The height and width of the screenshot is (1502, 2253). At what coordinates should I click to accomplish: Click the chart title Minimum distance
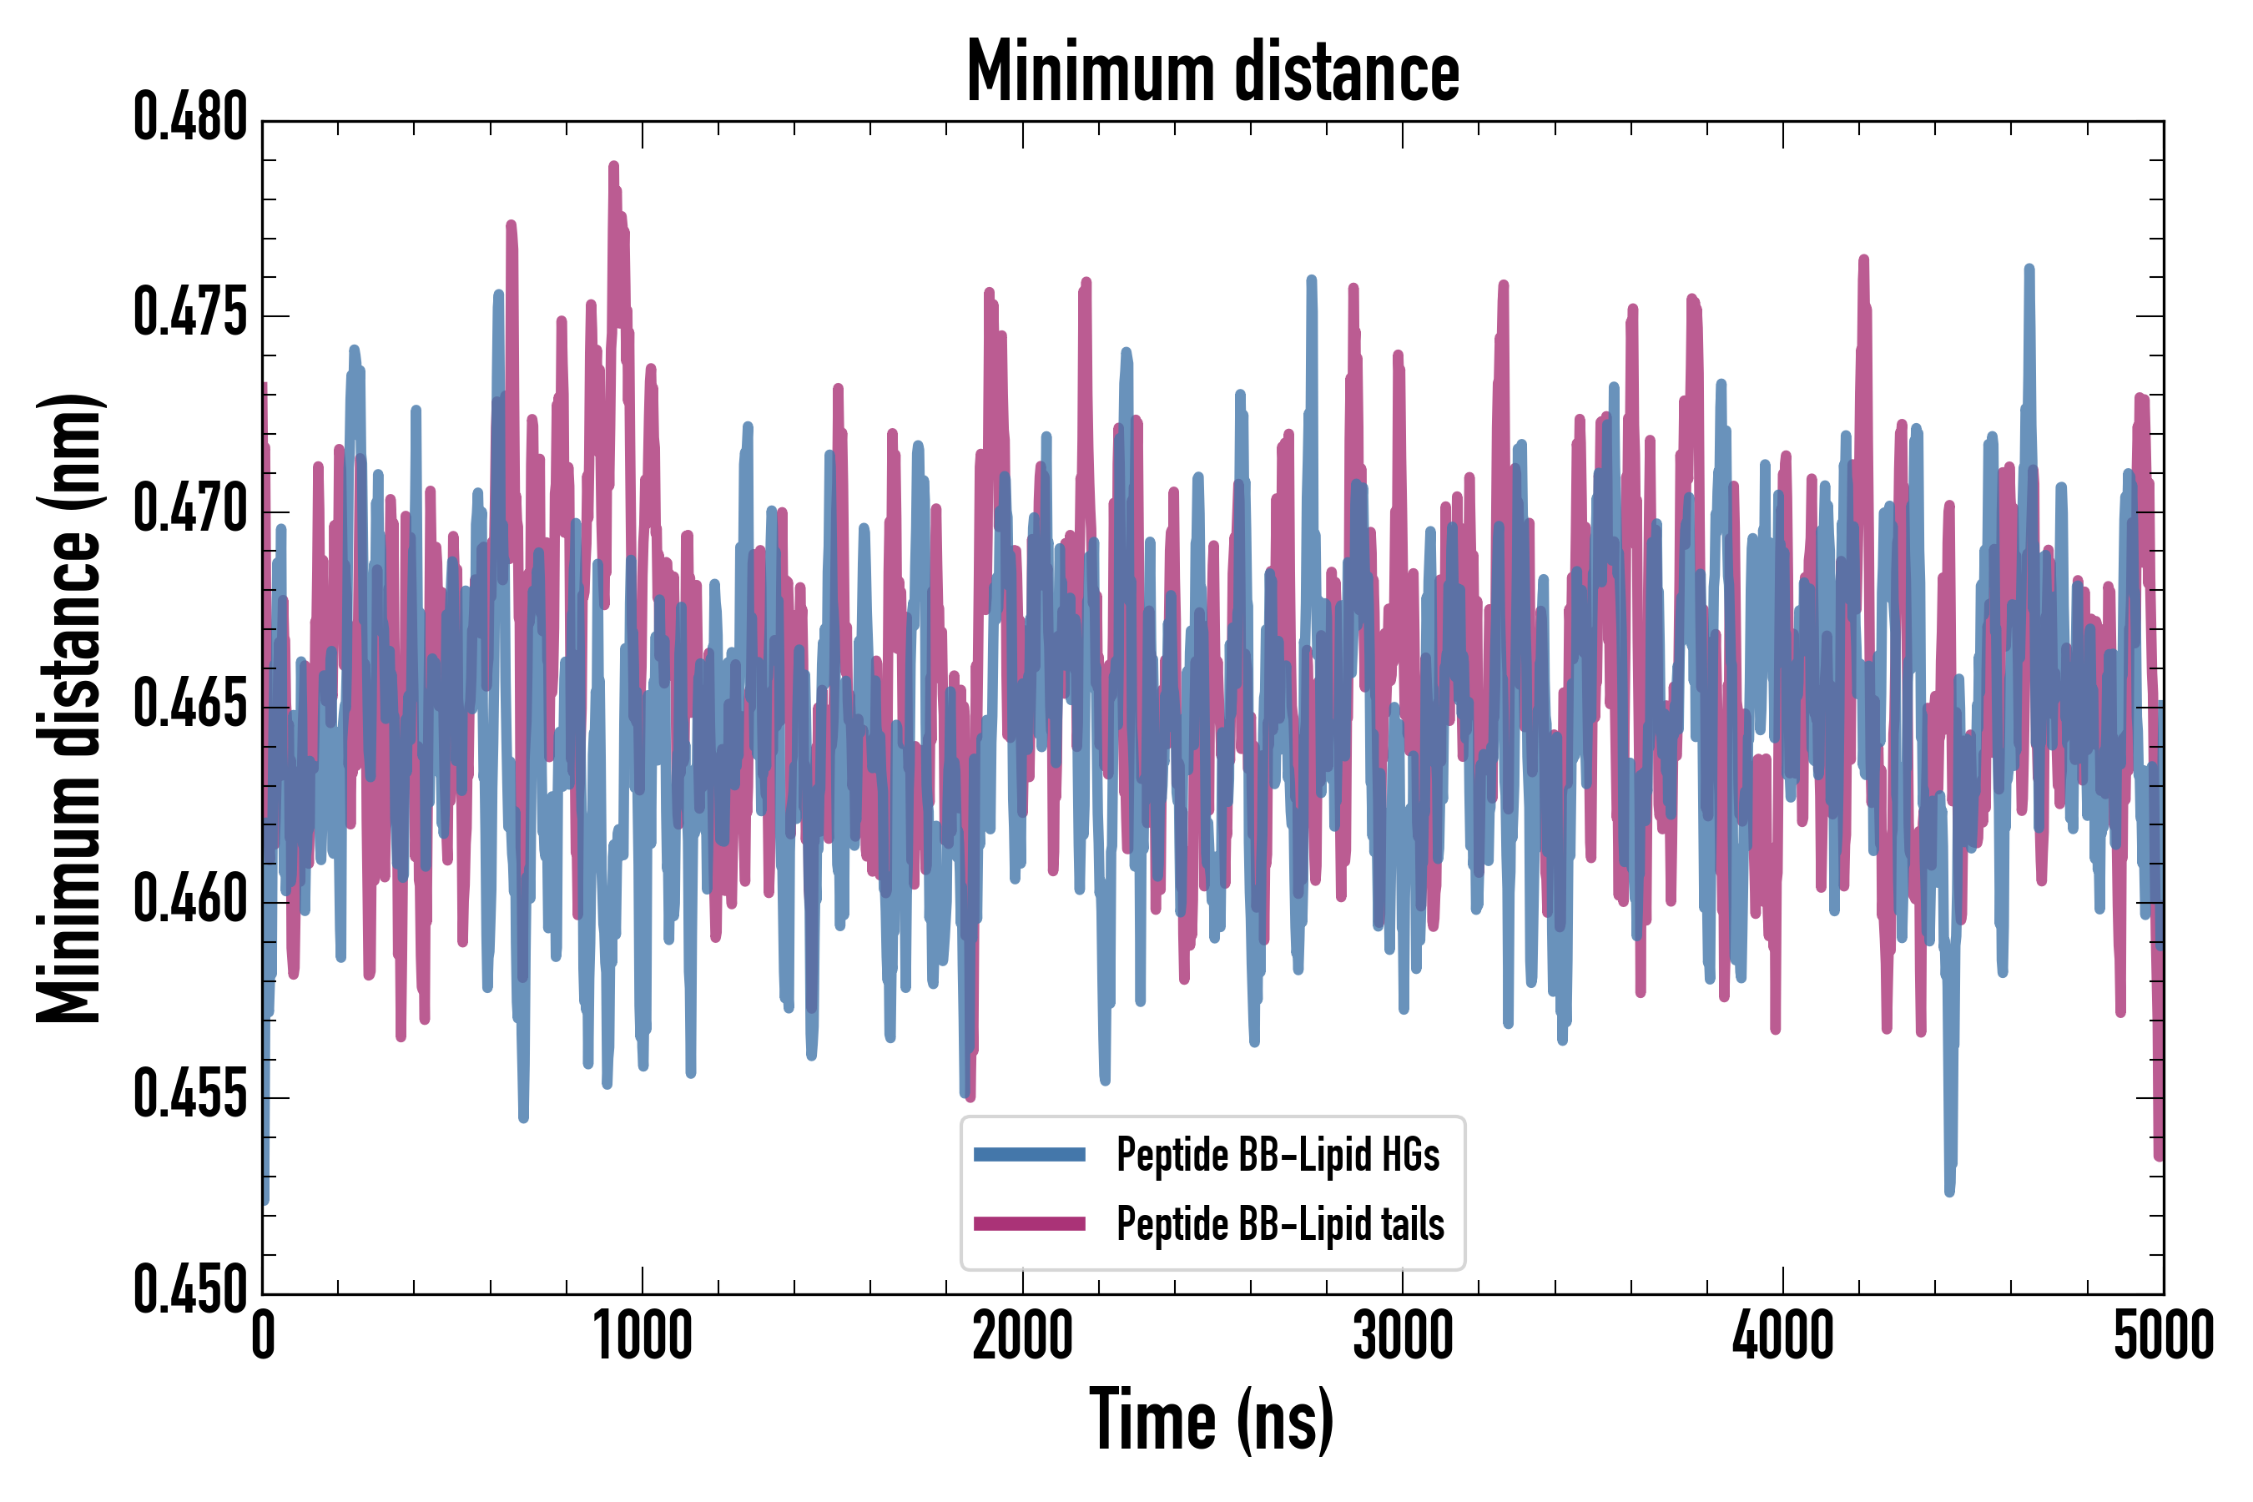[1212, 72]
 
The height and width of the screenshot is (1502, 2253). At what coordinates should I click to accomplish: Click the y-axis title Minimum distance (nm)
[69, 708]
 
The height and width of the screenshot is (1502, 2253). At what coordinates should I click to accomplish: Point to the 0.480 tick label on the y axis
[189, 118]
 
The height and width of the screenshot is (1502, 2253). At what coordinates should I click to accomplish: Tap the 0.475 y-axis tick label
[189, 315]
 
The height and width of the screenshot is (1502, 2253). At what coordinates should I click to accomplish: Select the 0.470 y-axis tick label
[189, 510]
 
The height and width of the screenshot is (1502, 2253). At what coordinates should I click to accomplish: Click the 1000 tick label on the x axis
[642, 1336]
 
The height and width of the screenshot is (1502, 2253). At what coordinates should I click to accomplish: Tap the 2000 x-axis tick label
[1022, 1336]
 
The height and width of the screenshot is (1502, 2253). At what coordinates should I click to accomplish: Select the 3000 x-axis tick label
[1403, 1336]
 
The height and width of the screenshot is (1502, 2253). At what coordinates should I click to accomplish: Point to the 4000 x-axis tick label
[1782, 1336]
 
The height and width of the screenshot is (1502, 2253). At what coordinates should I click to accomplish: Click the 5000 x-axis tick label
[2163, 1336]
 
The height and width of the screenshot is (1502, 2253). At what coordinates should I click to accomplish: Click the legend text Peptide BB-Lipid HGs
[1277, 1155]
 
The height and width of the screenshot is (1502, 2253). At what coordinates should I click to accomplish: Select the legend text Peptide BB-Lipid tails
[1280, 1224]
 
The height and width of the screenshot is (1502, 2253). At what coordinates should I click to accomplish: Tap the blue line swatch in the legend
[1029, 1154]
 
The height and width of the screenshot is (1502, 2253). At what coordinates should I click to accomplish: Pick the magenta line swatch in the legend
[1029, 1223]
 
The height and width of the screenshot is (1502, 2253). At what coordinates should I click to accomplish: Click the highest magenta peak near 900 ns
[613, 167]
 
